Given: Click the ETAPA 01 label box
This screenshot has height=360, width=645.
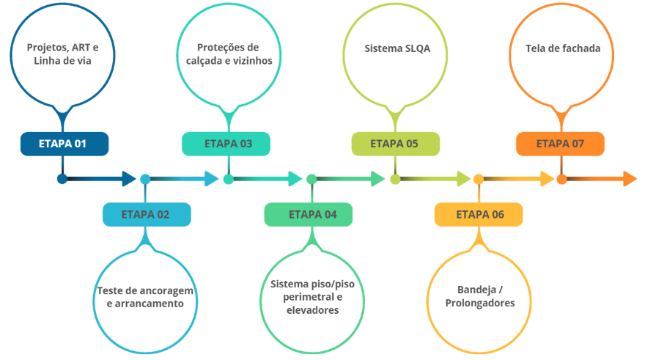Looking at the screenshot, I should click(64, 144).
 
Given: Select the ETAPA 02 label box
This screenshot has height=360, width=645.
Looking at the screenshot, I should click(146, 215).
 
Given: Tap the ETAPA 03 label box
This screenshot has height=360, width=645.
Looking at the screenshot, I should click(229, 144).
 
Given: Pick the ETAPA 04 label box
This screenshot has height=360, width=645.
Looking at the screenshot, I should click(312, 215).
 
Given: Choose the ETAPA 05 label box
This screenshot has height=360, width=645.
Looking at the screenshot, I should click(395, 144).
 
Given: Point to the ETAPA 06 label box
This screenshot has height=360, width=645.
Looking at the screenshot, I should click(479, 215).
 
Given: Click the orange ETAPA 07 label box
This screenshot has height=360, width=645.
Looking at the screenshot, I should click(560, 144).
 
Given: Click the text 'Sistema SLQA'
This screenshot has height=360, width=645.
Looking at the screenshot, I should click(397, 49).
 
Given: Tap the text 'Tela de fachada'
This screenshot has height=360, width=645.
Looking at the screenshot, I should click(563, 49).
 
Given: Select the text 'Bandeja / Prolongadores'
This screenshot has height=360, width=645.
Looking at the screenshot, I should click(479, 296).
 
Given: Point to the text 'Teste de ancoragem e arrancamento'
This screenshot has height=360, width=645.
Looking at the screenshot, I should click(146, 296).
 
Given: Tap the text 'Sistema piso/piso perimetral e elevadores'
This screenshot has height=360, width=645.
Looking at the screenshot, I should click(312, 296).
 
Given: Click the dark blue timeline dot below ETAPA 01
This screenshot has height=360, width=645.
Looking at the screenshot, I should click(62, 179).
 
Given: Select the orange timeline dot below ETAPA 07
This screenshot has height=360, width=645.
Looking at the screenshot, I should click(561, 179).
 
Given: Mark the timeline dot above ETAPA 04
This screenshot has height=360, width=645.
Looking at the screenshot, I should click(312, 179).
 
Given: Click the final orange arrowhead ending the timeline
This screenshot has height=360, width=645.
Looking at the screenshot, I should click(630, 179).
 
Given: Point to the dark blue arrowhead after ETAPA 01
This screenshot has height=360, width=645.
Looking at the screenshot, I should click(129, 179).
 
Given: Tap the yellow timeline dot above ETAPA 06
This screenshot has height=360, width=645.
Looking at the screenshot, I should click(478, 179).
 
